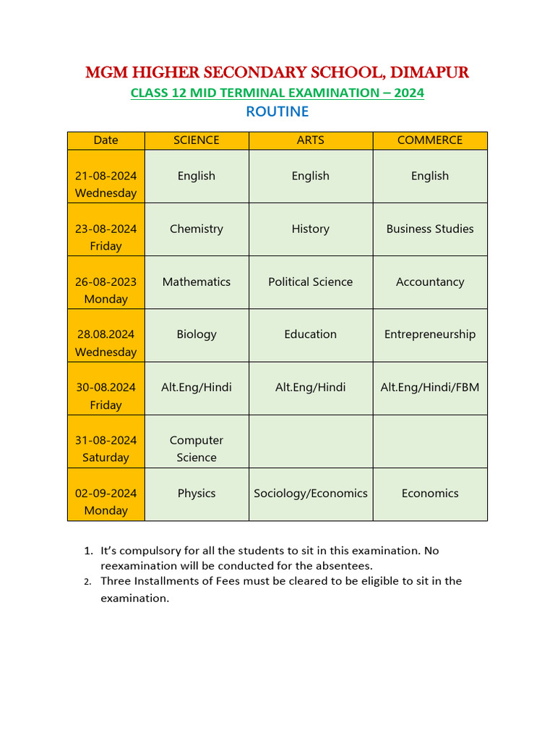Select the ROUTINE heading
277,111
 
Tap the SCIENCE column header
197,140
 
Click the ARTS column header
311,140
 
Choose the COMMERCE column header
430,140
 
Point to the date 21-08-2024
106,176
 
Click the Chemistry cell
197,229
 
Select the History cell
311,229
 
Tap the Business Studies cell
430,229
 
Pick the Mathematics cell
197,281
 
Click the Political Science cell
311,281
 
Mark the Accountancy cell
430,281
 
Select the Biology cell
197,334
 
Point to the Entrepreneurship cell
430,334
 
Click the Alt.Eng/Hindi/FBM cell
430,387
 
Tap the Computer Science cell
197,449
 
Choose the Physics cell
197,494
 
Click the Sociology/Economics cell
311,494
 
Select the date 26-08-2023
106,281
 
